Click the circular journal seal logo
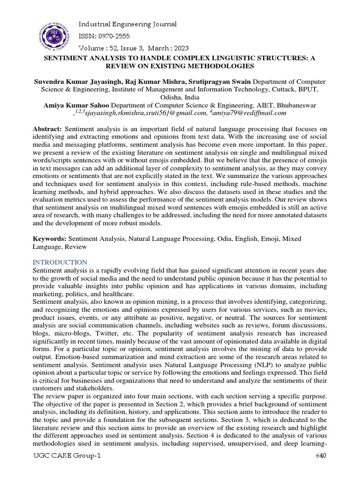[52, 35]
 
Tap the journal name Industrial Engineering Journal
[127, 24]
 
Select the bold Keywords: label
[50, 239]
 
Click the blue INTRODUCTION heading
[60, 262]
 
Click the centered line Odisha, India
[180, 97]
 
